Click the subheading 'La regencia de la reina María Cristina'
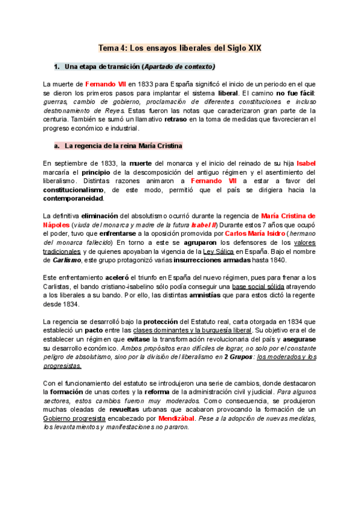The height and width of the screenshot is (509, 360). pos(123,146)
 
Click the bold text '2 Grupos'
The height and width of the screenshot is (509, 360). pos(237,357)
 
